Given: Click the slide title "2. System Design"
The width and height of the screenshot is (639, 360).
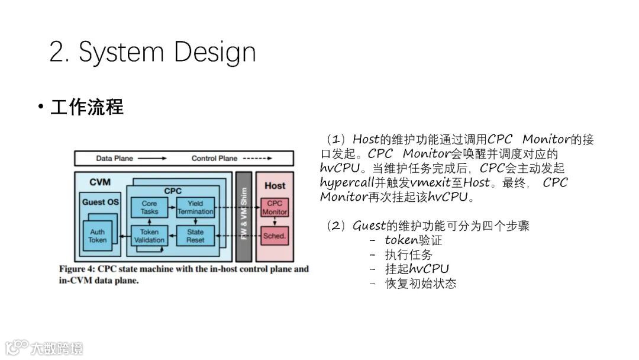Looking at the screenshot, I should click(x=153, y=52).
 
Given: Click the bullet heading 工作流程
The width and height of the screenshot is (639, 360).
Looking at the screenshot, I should click(x=87, y=108).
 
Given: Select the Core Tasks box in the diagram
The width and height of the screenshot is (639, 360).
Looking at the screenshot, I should click(x=149, y=207).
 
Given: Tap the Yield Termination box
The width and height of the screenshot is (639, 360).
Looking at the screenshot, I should click(x=195, y=207).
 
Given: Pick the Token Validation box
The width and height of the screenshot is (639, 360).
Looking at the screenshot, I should click(x=149, y=236).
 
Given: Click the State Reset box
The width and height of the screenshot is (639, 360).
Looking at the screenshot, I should click(x=195, y=236).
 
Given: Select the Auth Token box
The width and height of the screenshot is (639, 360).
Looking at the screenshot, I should click(x=98, y=236).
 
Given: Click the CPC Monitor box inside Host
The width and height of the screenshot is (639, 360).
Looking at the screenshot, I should click(x=275, y=208).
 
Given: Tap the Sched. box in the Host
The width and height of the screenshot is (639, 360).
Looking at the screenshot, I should click(x=275, y=236).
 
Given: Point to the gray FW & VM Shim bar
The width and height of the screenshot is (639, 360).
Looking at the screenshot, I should click(x=243, y=217).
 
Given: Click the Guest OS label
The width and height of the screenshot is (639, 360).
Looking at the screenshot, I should click(x=100, y=202).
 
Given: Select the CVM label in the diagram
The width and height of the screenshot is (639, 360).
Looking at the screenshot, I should click(x=99, y=182).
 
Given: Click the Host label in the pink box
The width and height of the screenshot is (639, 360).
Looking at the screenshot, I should click(x=275, y=185).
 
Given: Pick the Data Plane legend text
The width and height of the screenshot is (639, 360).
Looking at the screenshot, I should click(x=115, y=158).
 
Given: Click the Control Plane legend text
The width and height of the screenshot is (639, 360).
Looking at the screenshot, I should click(x=214, y=158).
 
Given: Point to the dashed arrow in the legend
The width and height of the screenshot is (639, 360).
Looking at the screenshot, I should click(x=258, y=158).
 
